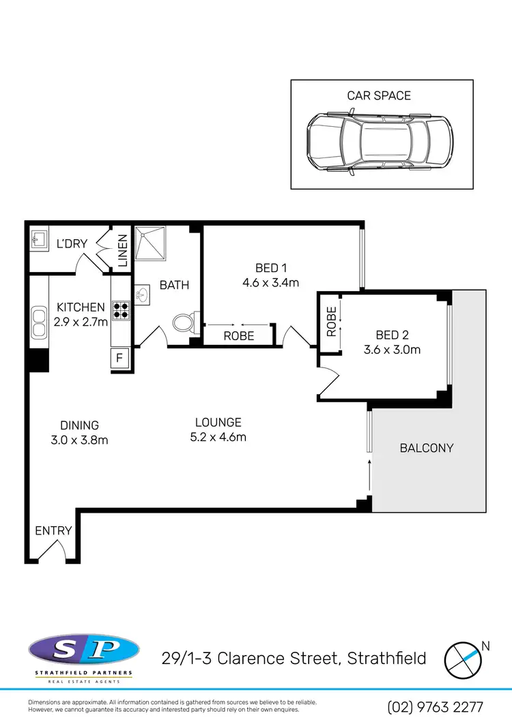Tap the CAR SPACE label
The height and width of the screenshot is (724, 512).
(379, 95)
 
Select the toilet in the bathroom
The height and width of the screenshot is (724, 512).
(185, 321)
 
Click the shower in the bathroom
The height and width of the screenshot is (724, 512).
(150, 244)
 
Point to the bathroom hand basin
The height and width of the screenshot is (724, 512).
(143, 295)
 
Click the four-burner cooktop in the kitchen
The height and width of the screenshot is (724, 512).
(121, 310)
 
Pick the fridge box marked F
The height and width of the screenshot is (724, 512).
(120, 357)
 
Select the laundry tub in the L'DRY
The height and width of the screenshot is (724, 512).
(38, 239)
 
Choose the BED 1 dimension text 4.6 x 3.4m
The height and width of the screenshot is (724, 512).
(271, 283)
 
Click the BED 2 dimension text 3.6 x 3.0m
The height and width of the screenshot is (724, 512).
(392, 350)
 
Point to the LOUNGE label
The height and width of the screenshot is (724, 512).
(217, 423)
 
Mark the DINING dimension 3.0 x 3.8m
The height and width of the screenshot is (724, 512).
(79, 440)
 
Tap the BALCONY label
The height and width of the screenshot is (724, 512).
(427, 448)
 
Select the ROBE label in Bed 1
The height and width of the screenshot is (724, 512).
(239, 336)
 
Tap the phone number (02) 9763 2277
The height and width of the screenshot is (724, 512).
(435, 707)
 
